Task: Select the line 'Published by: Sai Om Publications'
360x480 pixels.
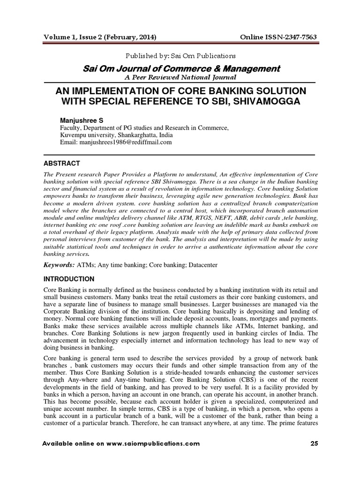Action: (180, 56)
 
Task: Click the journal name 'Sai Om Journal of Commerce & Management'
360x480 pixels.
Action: (180, 68)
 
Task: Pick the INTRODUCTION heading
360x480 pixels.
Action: (69, 279)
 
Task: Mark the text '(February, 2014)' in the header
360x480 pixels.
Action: (131, 37)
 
